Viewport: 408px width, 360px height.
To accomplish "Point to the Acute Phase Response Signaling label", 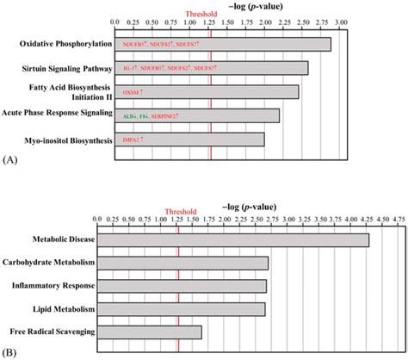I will (57, 114).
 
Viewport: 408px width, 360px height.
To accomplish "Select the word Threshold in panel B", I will (178, 209).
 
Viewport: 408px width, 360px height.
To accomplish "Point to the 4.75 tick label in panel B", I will (399, 219).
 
